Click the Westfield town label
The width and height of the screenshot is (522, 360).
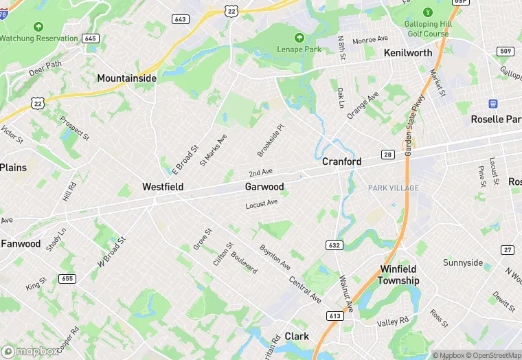coord(163,186)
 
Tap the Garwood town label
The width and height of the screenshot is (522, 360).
coord(264,186)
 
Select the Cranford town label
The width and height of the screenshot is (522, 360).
coord(342,161)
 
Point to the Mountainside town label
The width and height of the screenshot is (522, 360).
coord(126,78)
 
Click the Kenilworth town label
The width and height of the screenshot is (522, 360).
coord(408,53)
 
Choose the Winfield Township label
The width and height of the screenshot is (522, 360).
coord(400,275)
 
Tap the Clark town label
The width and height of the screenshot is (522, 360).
coord(297,336)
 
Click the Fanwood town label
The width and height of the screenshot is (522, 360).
coord(21,243)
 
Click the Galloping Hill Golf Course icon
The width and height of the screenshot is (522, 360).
coord(427,12)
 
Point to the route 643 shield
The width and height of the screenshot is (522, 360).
coord(181,19)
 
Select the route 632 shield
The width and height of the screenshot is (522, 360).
coord(334,245)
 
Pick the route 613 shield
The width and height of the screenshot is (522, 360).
coord(335,316)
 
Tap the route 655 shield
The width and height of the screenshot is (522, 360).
coord(67,278)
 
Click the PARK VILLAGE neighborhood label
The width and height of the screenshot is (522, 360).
coord(393,188)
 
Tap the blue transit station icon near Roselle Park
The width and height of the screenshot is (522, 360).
coord(492,104)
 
